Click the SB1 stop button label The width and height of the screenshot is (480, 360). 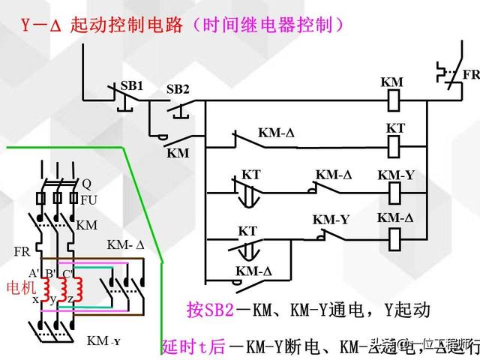coord(131,85)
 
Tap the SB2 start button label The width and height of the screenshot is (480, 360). coord(178,89)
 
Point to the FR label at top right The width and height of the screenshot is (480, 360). coord(470,75)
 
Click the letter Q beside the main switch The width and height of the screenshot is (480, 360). coord(86,183)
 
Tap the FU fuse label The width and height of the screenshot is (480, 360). coord(88,201)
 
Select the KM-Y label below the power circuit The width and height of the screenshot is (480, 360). coord(104,340)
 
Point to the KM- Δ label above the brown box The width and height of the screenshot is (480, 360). coord(126,244)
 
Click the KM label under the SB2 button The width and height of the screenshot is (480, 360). coord(178,152)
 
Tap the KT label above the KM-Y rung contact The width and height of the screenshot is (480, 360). coord(250,175)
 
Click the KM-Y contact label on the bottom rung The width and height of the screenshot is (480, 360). coord(331,220)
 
